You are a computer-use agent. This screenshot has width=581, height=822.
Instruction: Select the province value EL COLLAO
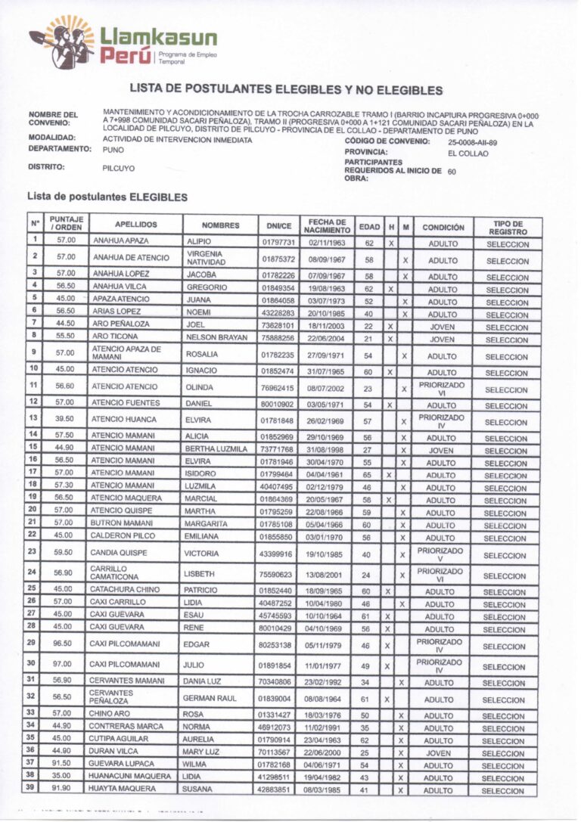(x=468, y=154)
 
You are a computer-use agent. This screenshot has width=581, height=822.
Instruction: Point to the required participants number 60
(x=452, y=172)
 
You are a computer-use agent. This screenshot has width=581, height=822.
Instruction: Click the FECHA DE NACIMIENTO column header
(x=328, y=225)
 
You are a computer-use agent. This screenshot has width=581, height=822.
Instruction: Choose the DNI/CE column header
(x=278, y=225)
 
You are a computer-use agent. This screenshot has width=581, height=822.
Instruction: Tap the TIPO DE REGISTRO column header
(x=507, y=225)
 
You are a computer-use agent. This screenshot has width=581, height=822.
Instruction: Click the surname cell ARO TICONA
(x=116, y=338)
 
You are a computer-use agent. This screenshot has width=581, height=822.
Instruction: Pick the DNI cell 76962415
(x=278, y=388)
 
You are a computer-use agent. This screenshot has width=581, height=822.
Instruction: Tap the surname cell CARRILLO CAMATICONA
(x=114, y=572)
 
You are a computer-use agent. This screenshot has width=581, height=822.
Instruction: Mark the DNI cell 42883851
(x=278, y=789)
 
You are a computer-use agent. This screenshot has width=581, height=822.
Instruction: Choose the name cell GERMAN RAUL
(x=210, y=698)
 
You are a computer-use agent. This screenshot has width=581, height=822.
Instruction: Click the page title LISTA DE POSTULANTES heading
(x=286, y=90)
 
